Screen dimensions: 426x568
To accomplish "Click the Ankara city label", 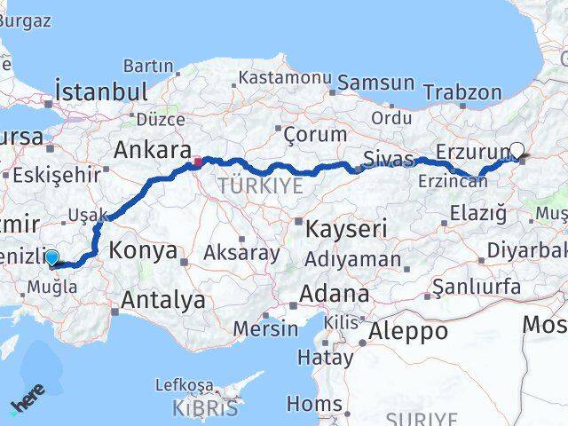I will tap(153, 149).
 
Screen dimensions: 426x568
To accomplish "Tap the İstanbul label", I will tap(100, 91).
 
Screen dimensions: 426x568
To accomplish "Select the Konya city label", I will tap(143, 251).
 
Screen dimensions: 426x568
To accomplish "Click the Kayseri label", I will tap(346, 229).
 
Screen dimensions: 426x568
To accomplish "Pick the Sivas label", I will tap(389, 159).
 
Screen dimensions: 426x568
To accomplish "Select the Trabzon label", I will tap(462, 91).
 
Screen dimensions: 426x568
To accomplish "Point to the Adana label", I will tap(335, 293).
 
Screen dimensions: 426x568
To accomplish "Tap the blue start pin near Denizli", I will tap(51, 257).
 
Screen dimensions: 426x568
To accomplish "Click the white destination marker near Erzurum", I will tap(517, 150).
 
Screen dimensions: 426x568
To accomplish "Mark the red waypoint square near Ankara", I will tap(198, 162).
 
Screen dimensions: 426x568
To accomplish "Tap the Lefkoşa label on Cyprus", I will tap(184, 385).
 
